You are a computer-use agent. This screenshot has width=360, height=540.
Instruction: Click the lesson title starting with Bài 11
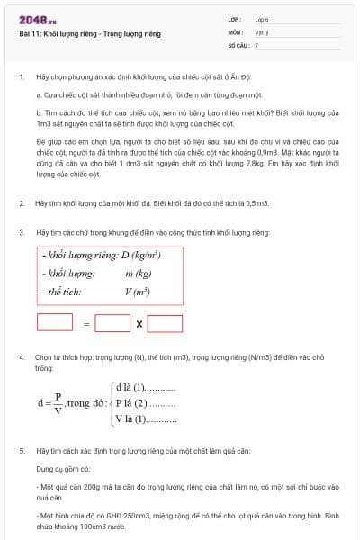point(89,33)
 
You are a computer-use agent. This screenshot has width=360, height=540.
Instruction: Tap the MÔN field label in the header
point(235,31)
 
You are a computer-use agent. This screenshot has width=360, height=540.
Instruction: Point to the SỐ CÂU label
point(237,43)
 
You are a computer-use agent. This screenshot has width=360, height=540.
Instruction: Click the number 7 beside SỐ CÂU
point(256,43)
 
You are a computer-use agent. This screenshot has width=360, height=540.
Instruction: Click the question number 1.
point(21,77)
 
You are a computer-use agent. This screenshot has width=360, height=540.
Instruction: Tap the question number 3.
point(21,232)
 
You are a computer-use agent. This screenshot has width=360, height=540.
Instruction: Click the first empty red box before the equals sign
point(55,322)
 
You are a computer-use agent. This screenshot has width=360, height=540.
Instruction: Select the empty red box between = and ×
point(112,322)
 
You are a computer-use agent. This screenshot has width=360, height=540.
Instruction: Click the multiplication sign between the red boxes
point(139,323)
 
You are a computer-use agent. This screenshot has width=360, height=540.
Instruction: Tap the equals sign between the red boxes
point(86,323)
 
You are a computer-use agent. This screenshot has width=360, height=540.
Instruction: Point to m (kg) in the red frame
point(138,274)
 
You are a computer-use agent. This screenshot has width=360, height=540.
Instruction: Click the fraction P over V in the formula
point(57,403)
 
